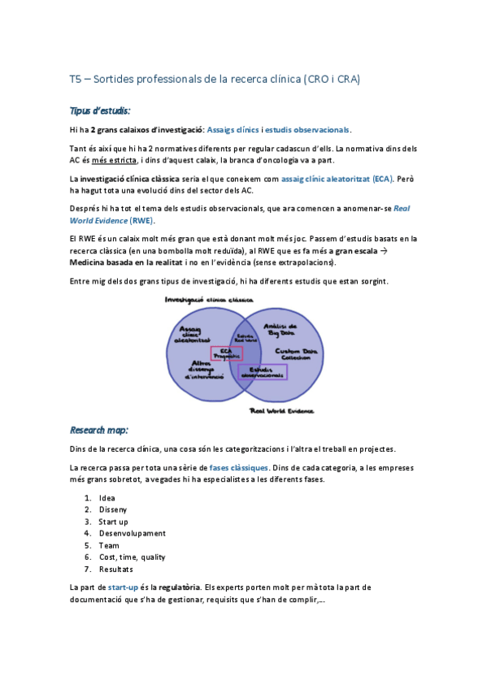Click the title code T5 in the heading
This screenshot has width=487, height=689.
(76, 79)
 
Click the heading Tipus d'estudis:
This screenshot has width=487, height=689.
(100, 110)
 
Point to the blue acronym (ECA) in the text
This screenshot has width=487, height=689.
(378, 178)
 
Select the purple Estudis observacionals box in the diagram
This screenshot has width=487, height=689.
(263, 371)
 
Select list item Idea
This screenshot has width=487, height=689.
(107, 498)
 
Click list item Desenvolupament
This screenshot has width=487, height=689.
(132, 533)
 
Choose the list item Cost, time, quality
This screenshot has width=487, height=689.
(132, 557)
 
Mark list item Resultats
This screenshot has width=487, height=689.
(116, 569)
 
